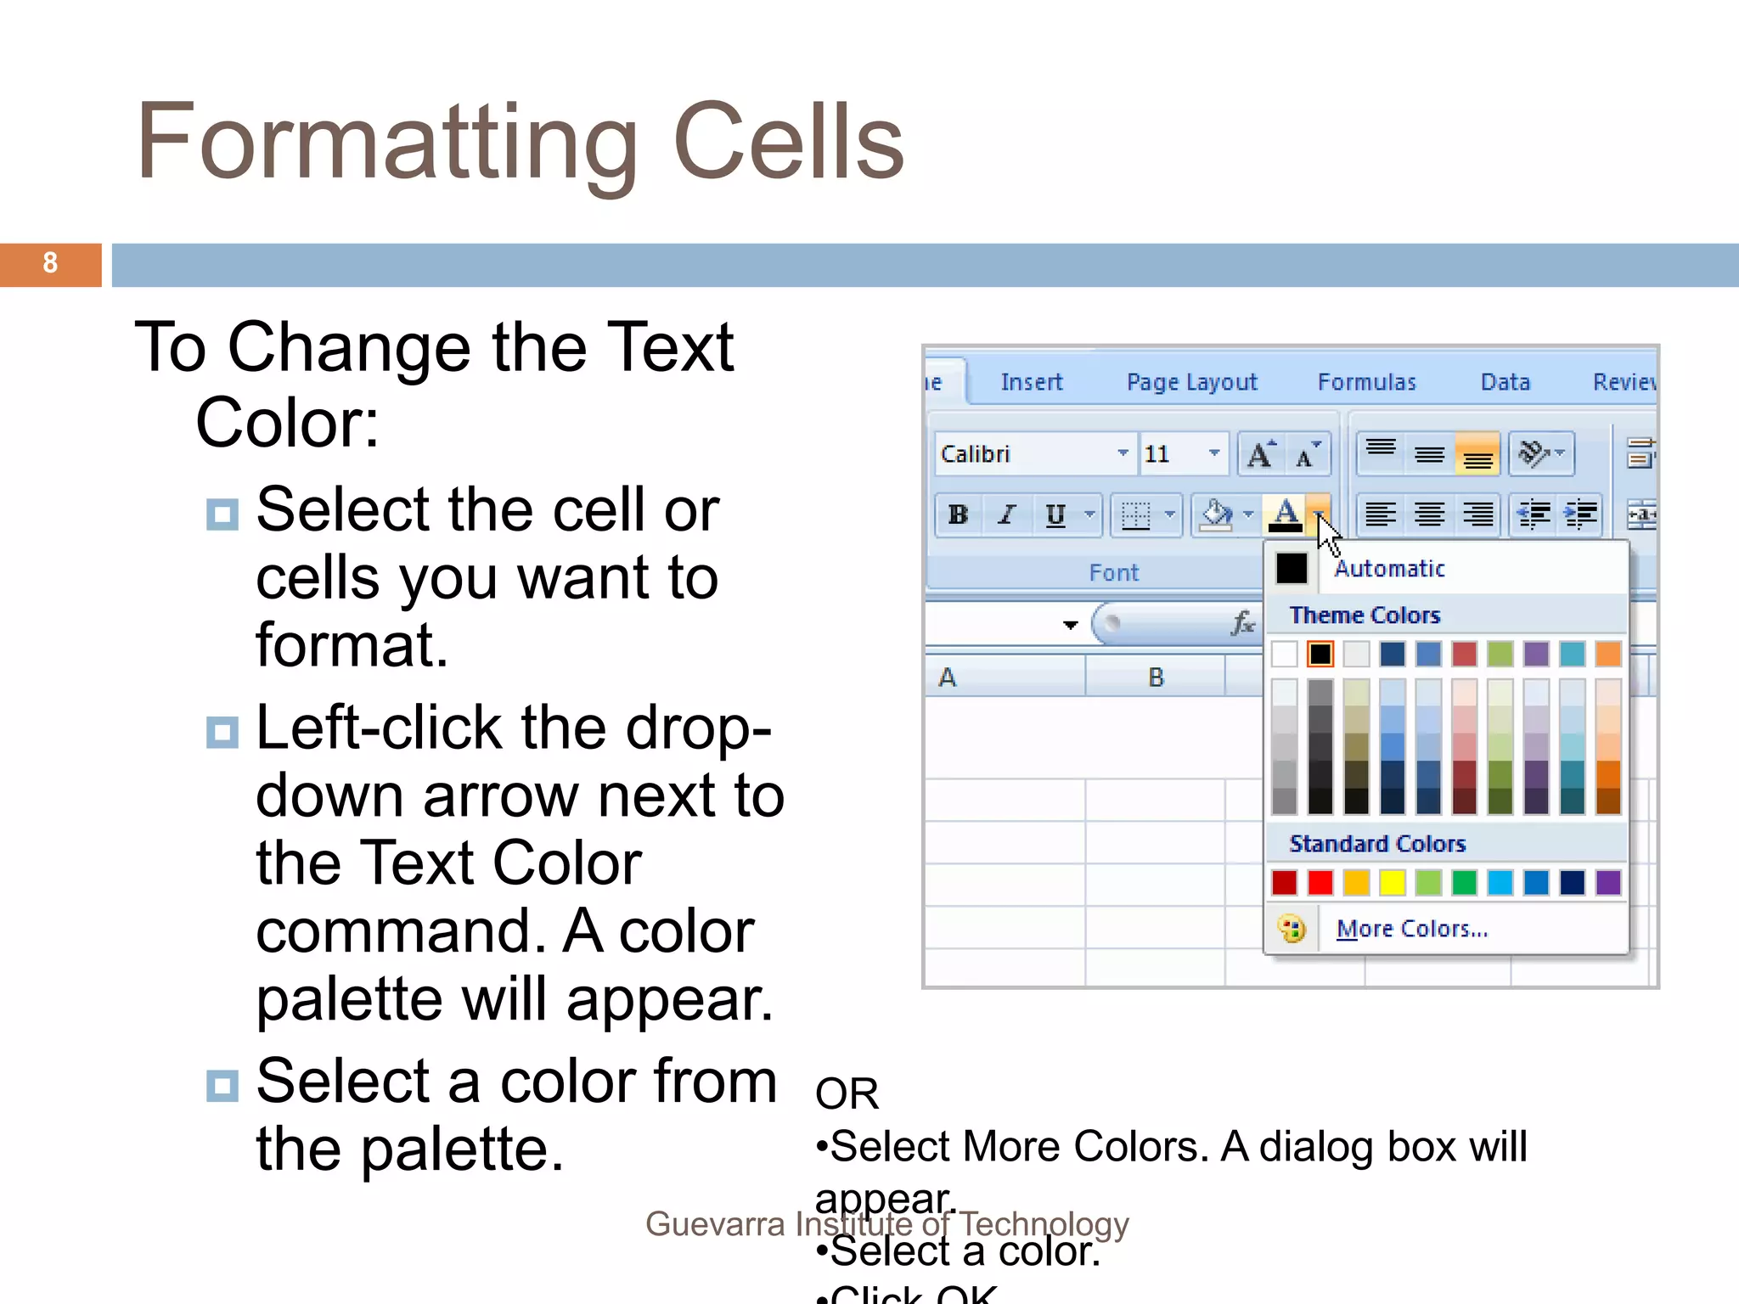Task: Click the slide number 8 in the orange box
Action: coord(50,263)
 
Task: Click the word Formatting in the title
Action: coord(386,143)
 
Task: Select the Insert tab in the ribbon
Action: coord(1031,382)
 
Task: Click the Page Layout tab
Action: coord(1191,382)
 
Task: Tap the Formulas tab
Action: coord(1366,382)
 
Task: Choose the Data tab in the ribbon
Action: coord(1505,382)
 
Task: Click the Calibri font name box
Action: coord(1024,454)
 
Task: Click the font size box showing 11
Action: coord(1168,454)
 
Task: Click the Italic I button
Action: coord(1007,514)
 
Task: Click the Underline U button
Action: coord(1055,514)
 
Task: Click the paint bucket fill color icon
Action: coord(1215,514)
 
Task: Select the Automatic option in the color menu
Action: coord(1389,569)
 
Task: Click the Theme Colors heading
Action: coord(1365,615)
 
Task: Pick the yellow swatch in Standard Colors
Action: coord(1393,883)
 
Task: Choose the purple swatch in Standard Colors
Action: coord(1608,883)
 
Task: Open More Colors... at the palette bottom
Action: coord(1411,929)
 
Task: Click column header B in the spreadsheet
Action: coord(1156,677)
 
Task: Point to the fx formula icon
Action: coord(1243,624)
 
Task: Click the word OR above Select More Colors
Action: coord(847,1093)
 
